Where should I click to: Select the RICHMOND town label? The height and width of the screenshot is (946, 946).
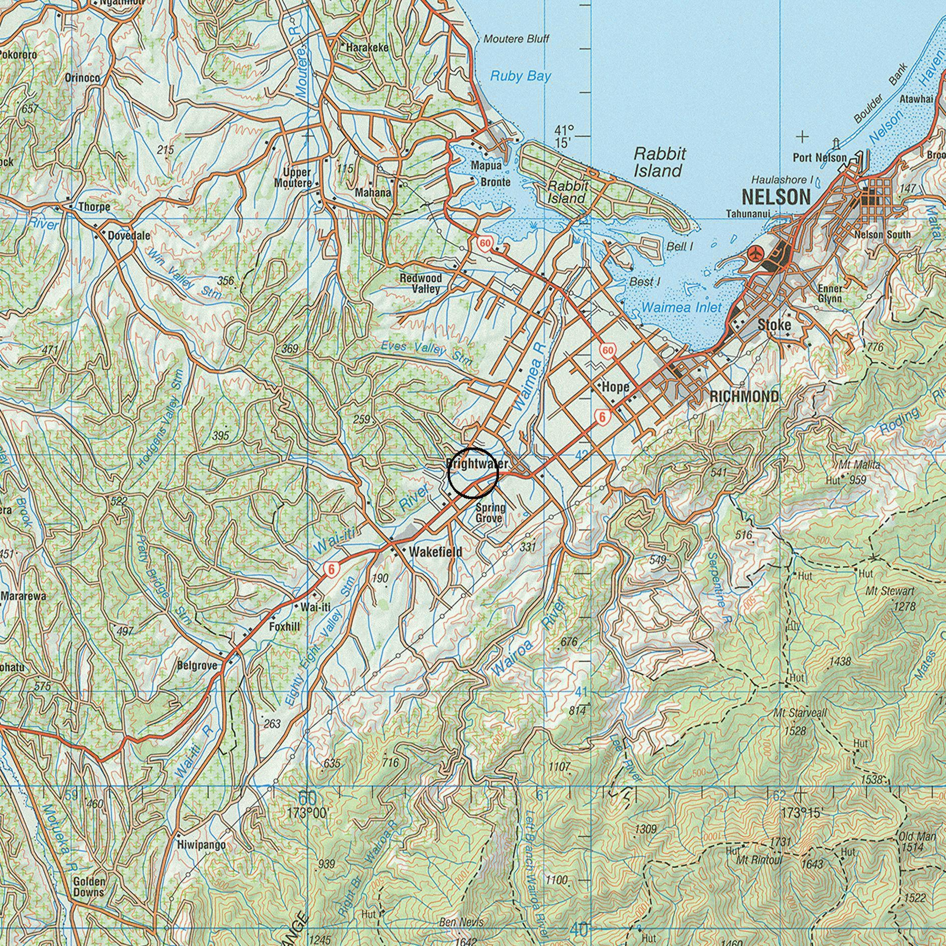click(744, 397)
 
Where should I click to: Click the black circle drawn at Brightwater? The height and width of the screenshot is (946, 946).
click(472, 473)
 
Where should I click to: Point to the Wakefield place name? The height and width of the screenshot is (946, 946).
click(435, 552)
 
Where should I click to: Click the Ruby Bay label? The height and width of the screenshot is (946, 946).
click(520, 76)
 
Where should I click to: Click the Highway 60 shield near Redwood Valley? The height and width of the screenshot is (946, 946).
click(484, 244)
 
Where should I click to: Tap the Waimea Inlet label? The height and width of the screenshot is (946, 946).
click(682, 307)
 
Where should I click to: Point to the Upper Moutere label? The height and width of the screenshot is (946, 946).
click(293, 178)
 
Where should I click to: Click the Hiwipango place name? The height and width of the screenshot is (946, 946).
click(202, 845)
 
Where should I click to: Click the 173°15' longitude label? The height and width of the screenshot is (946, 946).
click(801, 813)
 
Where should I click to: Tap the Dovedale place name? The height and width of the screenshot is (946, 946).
click(129, 235)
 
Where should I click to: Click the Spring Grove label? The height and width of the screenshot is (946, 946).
click(490, 513)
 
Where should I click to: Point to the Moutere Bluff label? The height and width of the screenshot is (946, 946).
click(517, 39)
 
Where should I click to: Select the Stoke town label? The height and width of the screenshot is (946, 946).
click(774, 325)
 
